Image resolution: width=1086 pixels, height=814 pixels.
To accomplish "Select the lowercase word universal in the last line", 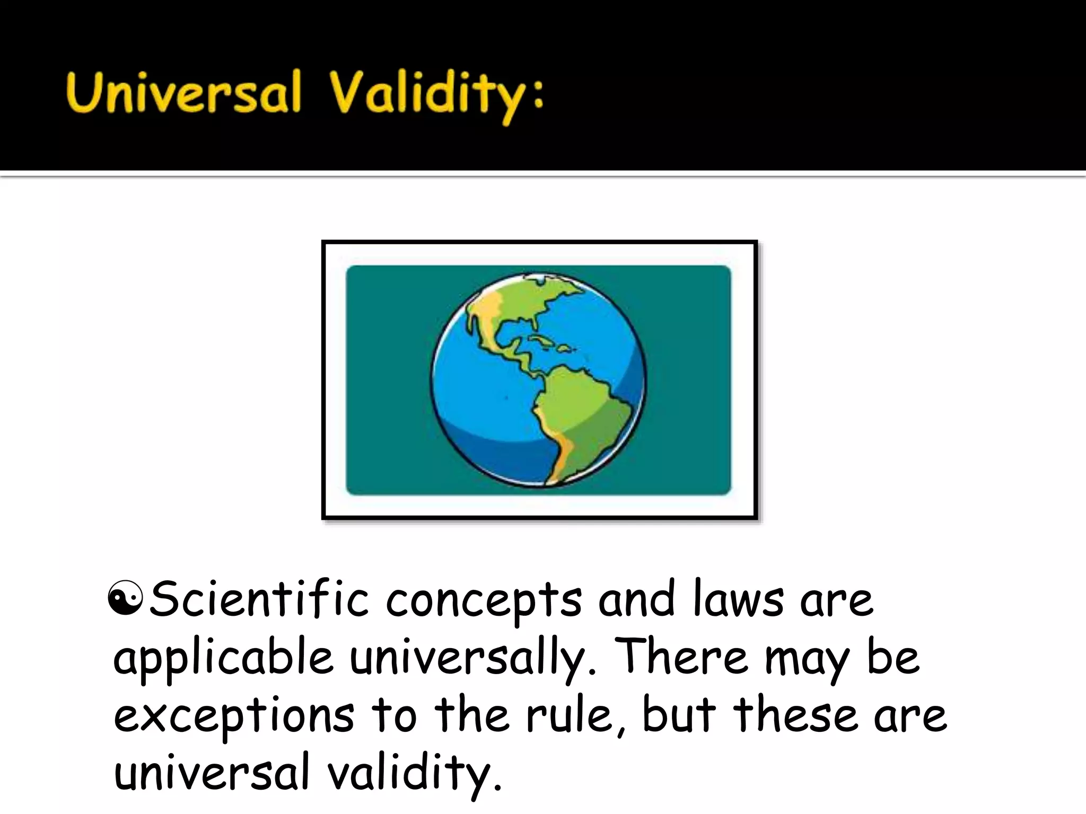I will pos(211,773).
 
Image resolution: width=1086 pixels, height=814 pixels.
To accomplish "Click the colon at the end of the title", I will pos(538,98).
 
